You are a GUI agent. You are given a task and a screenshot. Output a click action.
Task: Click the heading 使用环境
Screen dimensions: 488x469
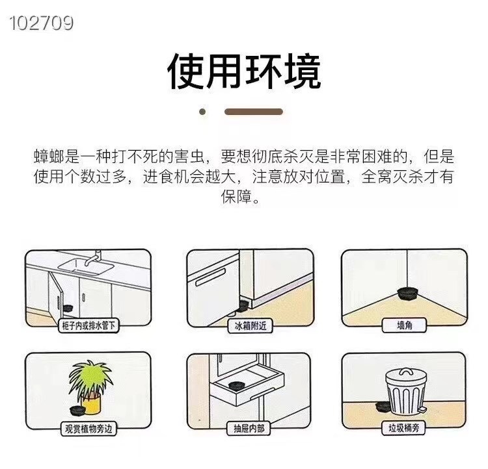tap(244, 71)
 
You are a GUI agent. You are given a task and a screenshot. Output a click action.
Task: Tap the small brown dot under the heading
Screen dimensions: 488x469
tap(202, 112)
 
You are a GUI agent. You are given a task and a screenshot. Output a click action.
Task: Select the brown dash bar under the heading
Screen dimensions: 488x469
tap(253, 112)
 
